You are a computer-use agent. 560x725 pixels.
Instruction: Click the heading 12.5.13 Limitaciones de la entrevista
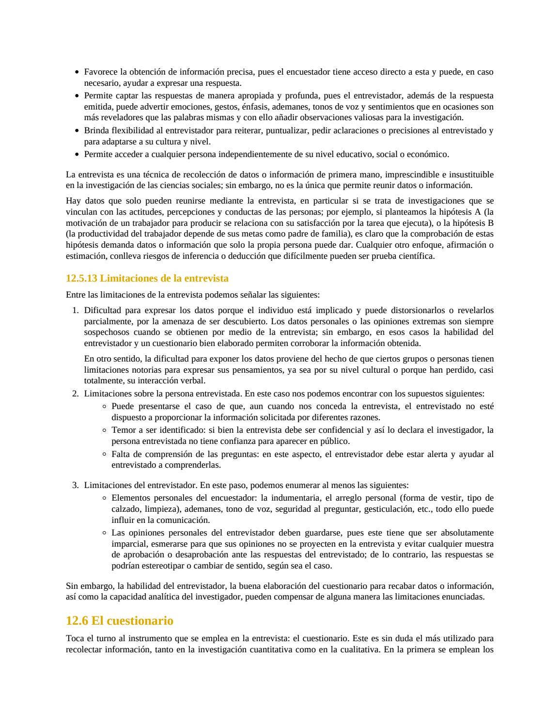[x=147, y=278]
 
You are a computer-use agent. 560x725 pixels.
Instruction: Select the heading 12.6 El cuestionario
[x=119, y=621]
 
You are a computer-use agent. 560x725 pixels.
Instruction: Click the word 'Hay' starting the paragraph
[x=73, y=201]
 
